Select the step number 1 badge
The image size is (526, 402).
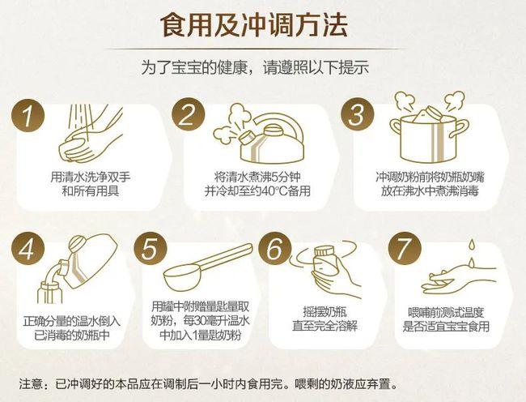tap(31, 116)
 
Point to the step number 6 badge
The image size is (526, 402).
tap(274, 249)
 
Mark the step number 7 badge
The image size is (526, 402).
tap(400, 249)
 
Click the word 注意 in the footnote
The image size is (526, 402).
tap(31, 383)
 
